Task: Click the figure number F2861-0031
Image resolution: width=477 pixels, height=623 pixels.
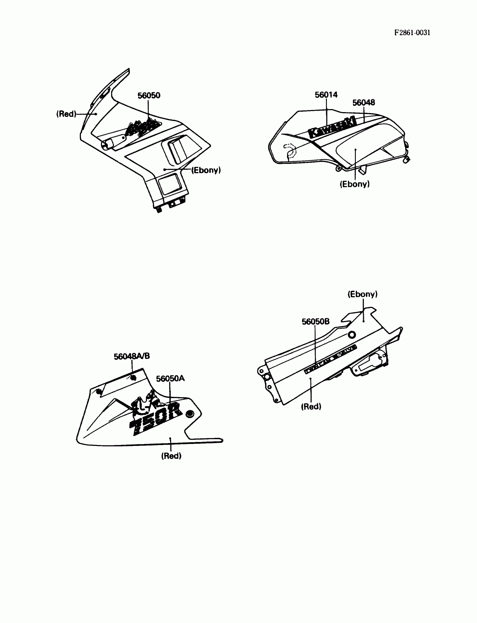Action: [412, 33]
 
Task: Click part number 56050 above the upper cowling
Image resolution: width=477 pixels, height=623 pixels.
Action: [149, 95]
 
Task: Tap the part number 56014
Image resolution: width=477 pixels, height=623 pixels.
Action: [326, 95]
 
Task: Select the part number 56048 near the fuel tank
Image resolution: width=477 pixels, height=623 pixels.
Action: [363, 102]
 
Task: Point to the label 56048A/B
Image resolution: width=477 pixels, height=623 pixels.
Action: [132, 356]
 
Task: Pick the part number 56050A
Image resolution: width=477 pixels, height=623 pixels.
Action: [170, 378]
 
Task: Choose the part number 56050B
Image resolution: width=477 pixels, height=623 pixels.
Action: [315, 321]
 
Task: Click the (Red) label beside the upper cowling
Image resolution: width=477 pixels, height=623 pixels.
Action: [66, 114]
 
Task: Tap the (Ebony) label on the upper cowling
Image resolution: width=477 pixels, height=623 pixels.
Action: [206, 170]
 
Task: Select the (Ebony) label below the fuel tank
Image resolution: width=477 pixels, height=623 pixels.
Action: [355, 184]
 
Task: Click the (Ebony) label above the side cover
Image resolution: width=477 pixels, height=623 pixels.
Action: [363, 294]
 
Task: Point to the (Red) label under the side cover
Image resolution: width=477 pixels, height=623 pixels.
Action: [311, 407]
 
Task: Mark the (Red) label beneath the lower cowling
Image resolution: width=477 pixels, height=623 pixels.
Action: [171, 456]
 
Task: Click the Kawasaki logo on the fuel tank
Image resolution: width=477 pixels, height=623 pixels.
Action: [332, 128]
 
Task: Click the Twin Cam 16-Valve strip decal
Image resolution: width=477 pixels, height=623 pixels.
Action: [330, 359]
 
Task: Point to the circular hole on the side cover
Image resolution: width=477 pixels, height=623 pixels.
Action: [352, 335]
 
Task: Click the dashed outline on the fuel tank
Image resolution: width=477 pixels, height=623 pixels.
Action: [290, 150]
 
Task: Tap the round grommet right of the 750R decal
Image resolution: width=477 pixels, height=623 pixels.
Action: [190, 414]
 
